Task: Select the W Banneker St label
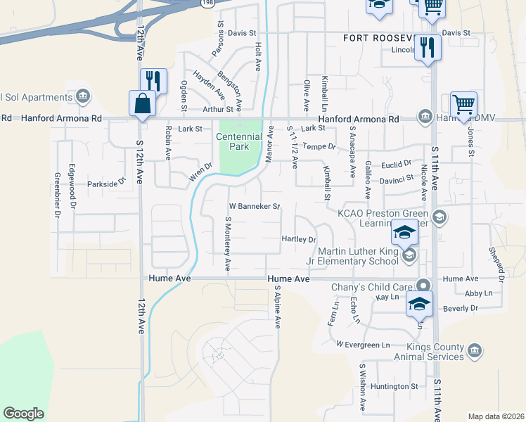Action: click(255, 207)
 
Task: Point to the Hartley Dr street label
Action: click(299, 240)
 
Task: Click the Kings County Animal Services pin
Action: click(474, 350)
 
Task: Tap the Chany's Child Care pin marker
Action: click(423, 285)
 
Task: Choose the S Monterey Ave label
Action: click(227, 243)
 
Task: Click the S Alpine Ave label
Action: click(278, 307)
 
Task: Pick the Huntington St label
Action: click(394, 386)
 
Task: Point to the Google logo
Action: click(23, 413)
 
